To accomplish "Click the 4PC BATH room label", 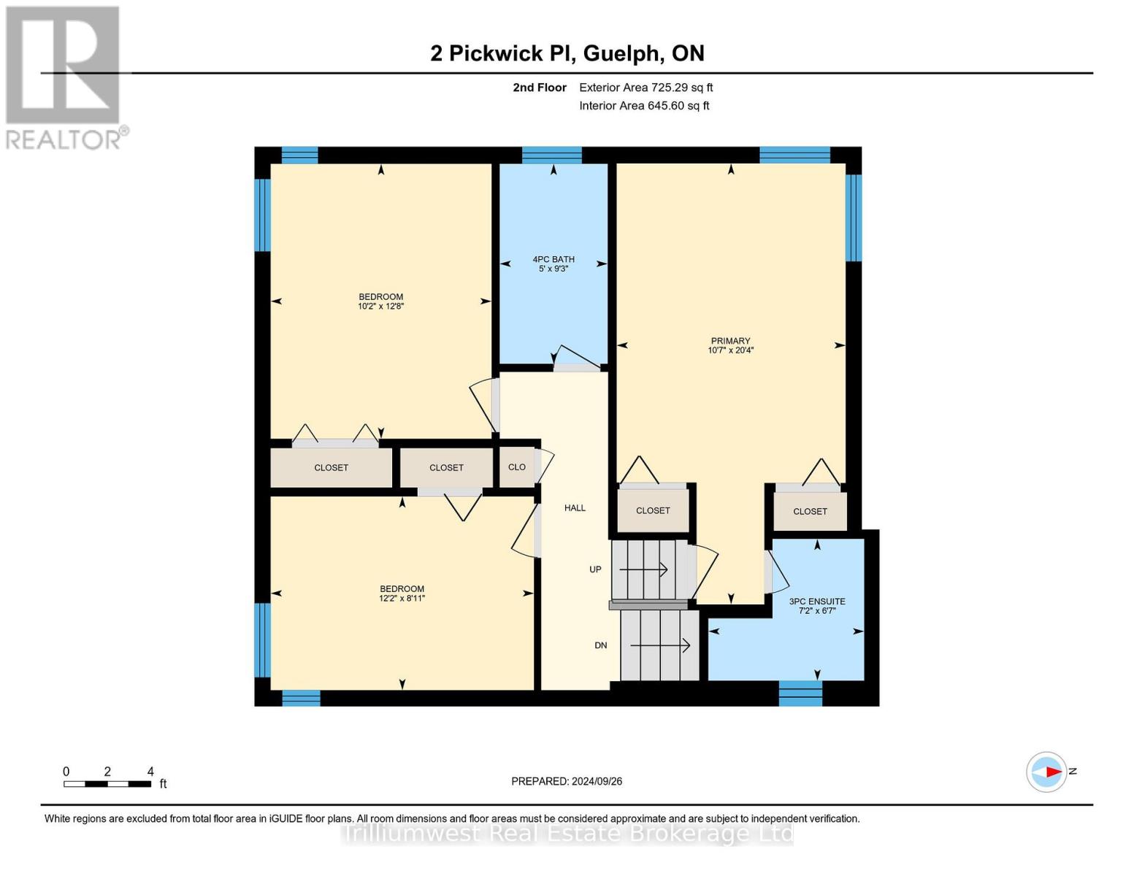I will point(553,259).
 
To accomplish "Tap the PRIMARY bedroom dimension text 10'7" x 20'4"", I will point(730,350).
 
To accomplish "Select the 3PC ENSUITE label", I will point(817,602).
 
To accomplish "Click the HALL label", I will point(575,508).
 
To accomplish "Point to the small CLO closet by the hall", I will point(517,467).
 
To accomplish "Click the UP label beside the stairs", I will point(596,569).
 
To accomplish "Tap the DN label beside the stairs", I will point(601,645).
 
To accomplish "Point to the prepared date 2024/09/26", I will point(567,781).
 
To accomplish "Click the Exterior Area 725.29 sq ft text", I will point(645,88).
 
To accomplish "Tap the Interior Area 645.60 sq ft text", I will point(644,106).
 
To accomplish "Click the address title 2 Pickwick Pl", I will point(567,53).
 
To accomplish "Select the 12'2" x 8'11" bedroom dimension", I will point(402,599).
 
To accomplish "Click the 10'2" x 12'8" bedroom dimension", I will point(380,307).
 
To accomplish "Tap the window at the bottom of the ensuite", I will point(800,693).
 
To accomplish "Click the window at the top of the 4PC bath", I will point(552,155).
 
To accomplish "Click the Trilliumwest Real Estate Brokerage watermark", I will point(567,834).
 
